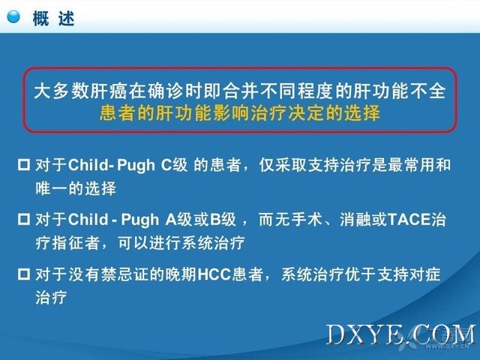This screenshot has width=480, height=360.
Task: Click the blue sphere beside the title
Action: coord(13,16)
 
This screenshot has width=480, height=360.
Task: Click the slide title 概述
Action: coord(53,18)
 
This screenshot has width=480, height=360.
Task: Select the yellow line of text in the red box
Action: coord(240,112)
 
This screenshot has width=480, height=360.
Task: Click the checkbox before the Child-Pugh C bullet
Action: coord(24,165)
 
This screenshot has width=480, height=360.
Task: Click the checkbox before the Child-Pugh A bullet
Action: coord(24,220)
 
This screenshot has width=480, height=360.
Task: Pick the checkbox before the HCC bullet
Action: coord(24,274)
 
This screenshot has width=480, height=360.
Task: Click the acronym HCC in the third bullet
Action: coord(214,274)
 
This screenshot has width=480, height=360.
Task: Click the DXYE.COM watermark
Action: coord(401,335)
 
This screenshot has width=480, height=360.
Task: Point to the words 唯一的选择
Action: coord(76,188)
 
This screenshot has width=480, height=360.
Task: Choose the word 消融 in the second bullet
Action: coord(355,220)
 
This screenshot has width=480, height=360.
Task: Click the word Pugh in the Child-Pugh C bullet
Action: coord(136,166)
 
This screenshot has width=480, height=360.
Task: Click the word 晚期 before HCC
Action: coord(181,274)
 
